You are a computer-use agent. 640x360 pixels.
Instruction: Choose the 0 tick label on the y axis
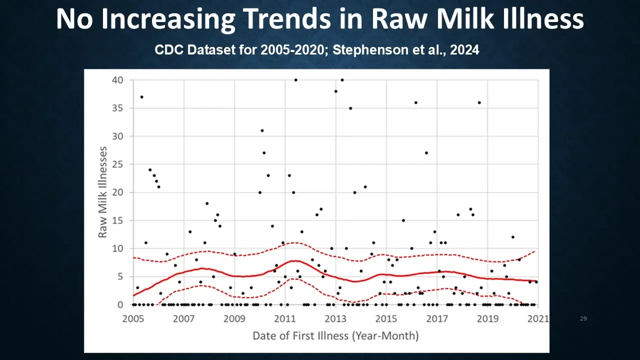coord(120,304)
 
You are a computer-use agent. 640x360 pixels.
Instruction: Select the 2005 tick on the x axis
coord(133,318)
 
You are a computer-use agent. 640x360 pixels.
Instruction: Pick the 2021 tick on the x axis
coord(538,318)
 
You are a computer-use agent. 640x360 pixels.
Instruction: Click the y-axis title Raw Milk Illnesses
coord(102,192)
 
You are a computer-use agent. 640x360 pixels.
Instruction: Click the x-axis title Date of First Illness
coord(335,335)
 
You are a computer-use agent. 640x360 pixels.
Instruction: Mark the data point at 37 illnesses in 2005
coord(141,96)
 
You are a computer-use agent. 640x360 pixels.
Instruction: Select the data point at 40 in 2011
coord(295,80)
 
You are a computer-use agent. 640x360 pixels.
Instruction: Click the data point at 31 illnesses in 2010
coord(262,130)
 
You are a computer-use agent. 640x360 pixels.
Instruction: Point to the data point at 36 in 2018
coord(479,102)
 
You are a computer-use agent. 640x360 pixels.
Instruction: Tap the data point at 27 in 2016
coord(426,153)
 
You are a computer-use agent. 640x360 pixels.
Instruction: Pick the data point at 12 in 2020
coord(512,237)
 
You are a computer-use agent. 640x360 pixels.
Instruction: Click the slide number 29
coord(583,318)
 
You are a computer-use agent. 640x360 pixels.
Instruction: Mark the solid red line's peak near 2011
coord(295,260)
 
